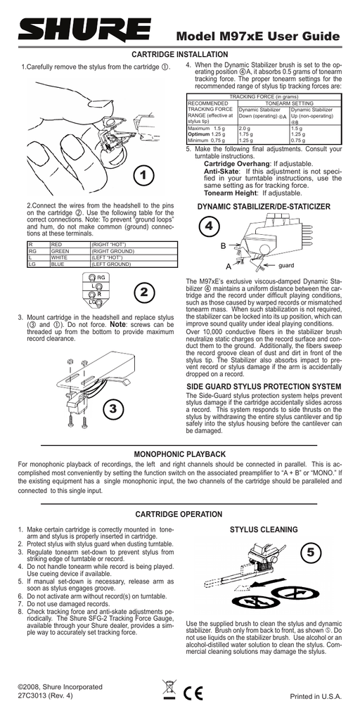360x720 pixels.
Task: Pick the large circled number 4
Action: [209, 226]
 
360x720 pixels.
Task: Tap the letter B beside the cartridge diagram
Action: [223, 245]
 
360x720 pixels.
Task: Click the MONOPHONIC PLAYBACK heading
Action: [179, 456]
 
